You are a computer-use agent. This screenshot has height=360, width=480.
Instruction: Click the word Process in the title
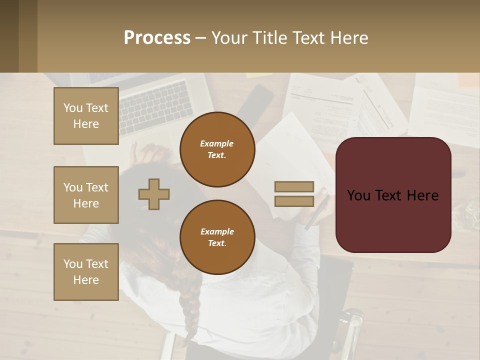pyautogui.click(x=157, y=38)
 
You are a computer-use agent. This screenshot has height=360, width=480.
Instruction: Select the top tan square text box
pyautogui.click(x=86, y=116)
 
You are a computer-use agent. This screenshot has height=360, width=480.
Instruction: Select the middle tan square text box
pyautogui.click(x=86, y=195)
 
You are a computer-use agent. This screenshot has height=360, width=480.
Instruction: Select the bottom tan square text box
pyautogui.click(x=86, y=272)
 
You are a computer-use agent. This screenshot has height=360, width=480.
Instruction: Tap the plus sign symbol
pyautogui.click(x=154, y=194)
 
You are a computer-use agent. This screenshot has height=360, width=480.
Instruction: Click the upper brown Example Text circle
pyautogui.click(x=217, y=149)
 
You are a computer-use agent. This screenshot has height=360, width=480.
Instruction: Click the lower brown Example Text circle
pyautogui.click(x=217, y=237)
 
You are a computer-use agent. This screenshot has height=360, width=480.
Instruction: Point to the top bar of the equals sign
pyautogui.click(x=294, y=187)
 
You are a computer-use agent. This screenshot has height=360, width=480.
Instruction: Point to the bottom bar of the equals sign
pyautogui.click(x=294, y=201)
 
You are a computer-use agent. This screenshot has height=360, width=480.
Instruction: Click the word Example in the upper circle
pyautogui.click(x=217, y=143)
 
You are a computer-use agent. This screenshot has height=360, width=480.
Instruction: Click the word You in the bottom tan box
pyautogui.click(x=73, y=264)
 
